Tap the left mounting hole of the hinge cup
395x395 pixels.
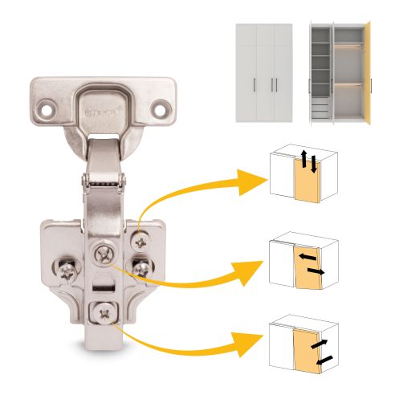click(47, 104)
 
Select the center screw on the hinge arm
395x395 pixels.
click(105, 254)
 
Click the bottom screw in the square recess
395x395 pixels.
click(102, 311)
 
